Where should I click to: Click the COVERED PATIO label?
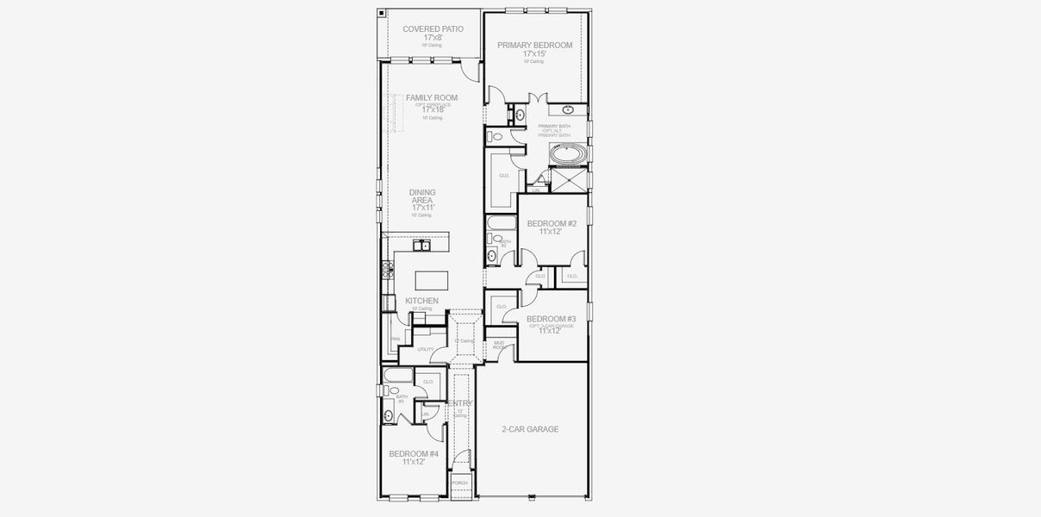(433, 29)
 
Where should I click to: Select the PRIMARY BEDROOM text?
(534, 45)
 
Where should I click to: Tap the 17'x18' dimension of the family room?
(432, 109)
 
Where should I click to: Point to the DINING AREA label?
(423, 196)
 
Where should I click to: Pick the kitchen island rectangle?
(432, 280)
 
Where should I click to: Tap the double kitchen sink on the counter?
(421, 246)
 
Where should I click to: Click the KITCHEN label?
(421, 301)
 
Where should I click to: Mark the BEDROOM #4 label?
(414, 453)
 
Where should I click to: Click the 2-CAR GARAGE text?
(530, 429)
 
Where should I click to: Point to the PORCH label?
(459, 483)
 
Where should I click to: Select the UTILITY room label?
(426, 349)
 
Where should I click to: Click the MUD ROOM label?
(498, 344)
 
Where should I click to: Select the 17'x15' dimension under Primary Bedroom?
(534, 53)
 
